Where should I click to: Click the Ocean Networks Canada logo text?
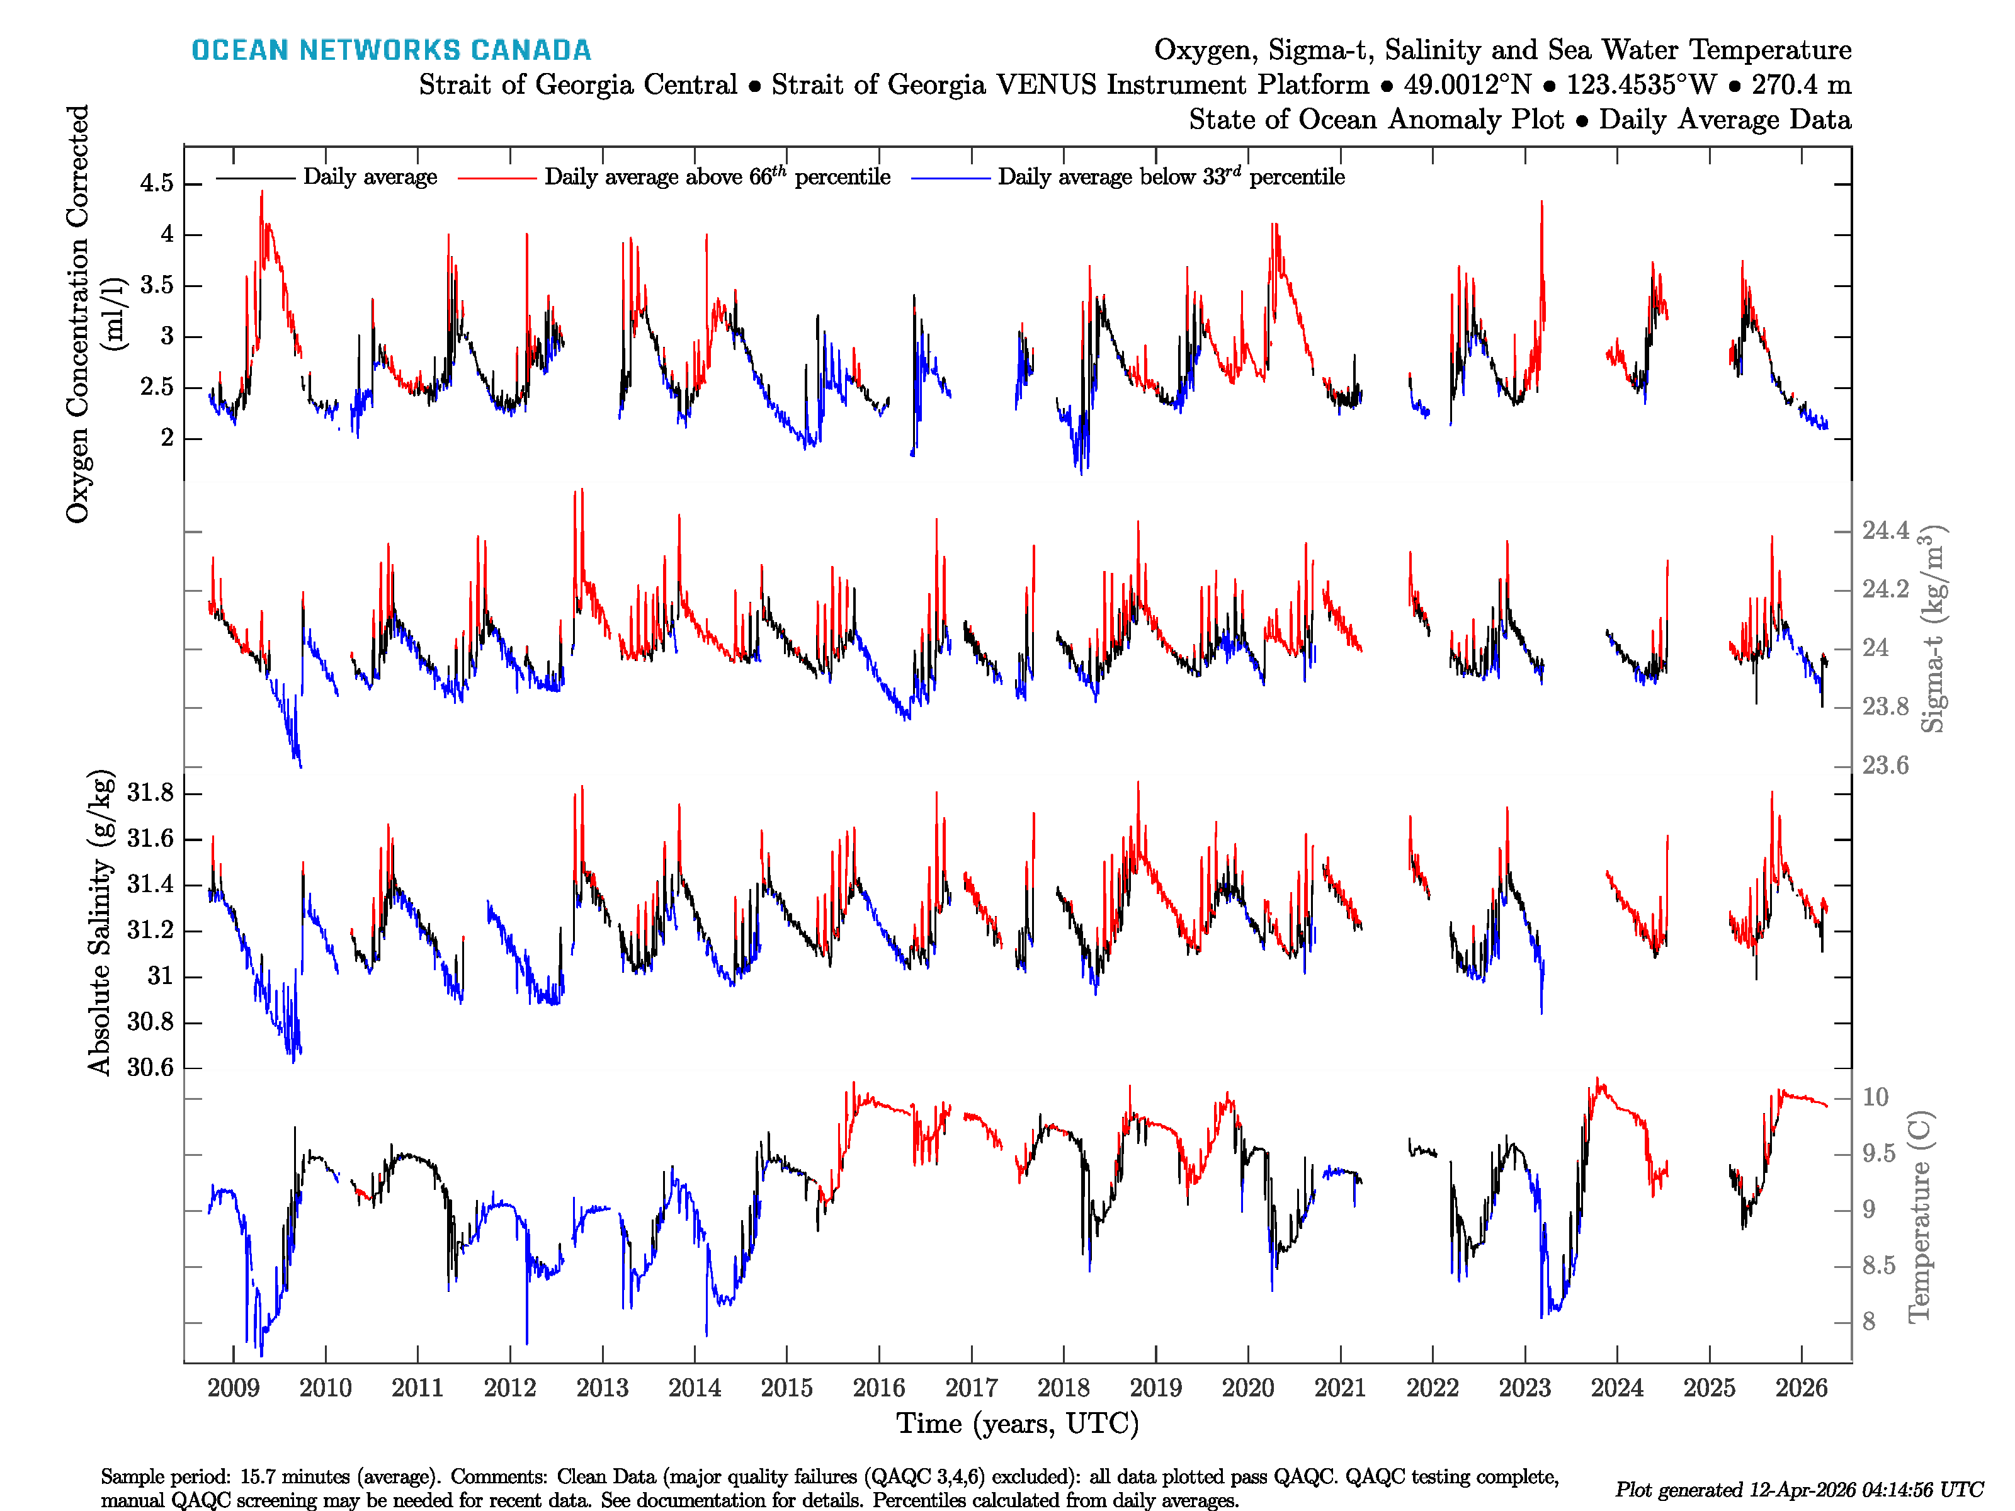(x=391, y=50)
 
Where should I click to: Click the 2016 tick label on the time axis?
(x=878, y=1388)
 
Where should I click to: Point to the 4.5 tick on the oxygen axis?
(x=157, y=183)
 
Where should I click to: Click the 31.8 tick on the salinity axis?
(x=150, y=793)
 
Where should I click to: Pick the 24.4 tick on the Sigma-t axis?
(x=1885, y=530)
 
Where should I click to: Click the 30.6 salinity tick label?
(x=150, y=1067)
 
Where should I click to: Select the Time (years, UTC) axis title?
(x=1018, y=1423)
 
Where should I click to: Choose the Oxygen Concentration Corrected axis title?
(x=78, y=314)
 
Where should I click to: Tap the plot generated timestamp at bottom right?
(x=1799, y=1489)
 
